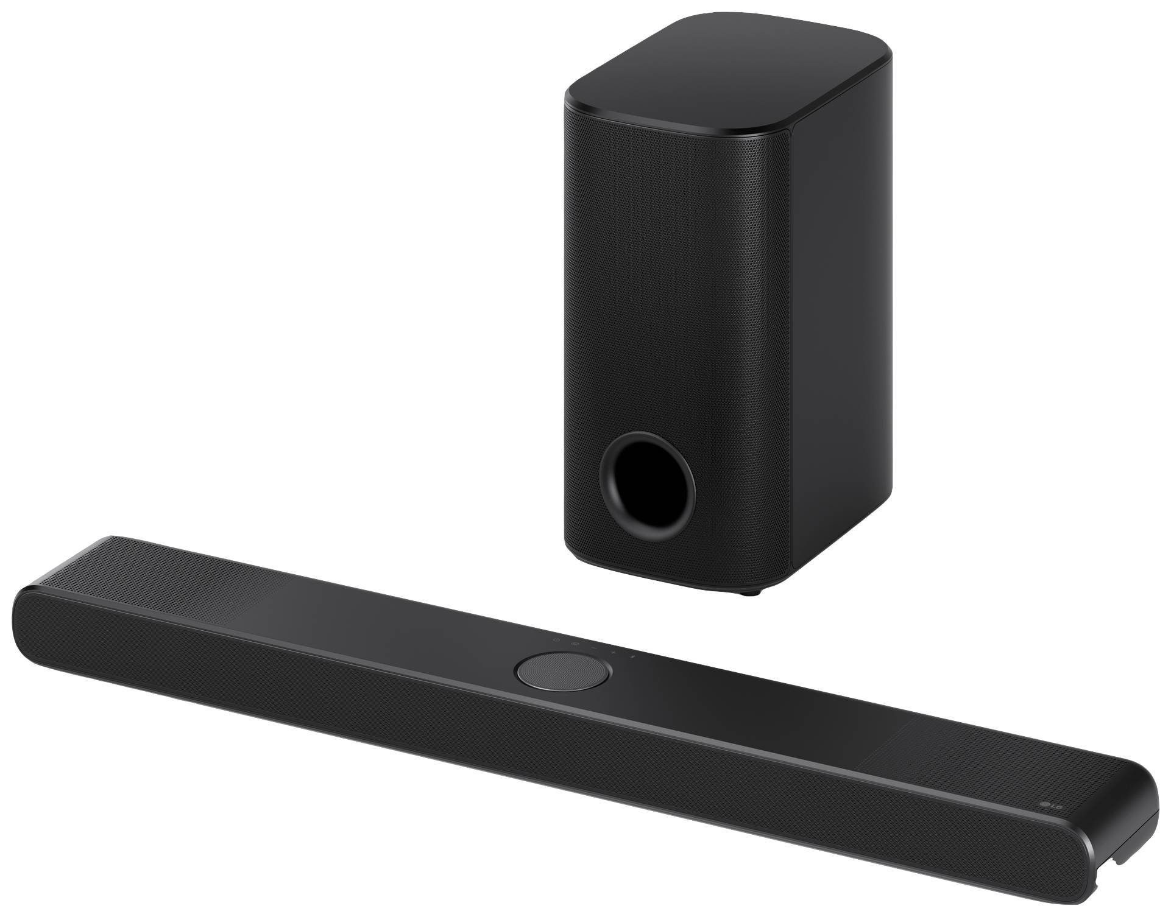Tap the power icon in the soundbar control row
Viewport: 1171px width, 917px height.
tap(556, 640)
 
